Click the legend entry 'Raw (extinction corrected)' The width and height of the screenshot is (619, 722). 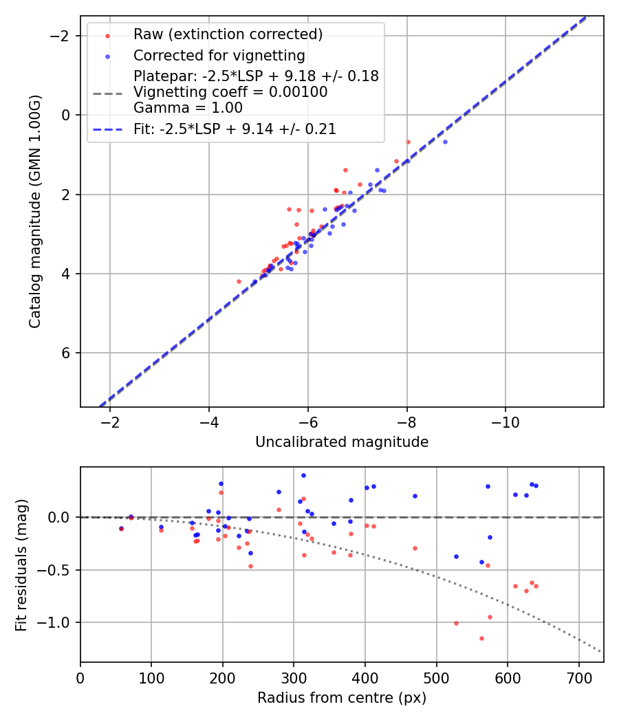228,34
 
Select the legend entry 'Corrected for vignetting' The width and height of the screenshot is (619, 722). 219,55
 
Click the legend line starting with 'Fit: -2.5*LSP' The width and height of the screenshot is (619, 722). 235,129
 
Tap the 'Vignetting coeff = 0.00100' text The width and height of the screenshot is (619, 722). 230,92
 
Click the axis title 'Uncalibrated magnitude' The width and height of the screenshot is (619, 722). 342,442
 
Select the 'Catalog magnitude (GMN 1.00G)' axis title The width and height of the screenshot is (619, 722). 35,212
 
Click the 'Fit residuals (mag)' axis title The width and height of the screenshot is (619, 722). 21,565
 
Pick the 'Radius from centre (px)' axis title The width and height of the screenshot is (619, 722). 342,698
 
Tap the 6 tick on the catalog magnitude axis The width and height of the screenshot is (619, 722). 65,353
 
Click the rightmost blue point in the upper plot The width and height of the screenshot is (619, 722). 445,142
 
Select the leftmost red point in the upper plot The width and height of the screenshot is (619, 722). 239,281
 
